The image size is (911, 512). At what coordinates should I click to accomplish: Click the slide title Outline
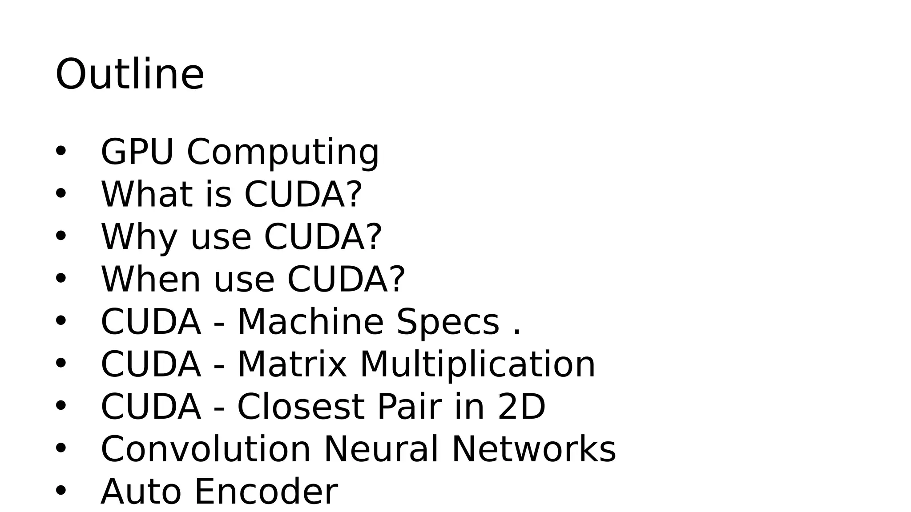coord(129,74)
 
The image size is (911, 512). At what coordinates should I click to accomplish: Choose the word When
coord(151,279)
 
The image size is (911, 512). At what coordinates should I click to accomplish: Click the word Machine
coord(310,321)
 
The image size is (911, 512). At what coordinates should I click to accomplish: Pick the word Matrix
coord(292,364)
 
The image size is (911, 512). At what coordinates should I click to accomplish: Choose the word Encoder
coord(266,492)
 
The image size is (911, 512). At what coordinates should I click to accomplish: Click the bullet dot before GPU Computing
coord(60,151)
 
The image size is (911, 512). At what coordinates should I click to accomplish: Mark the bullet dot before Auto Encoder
coord(60,491)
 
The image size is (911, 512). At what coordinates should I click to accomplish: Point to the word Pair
coord(409,407)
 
